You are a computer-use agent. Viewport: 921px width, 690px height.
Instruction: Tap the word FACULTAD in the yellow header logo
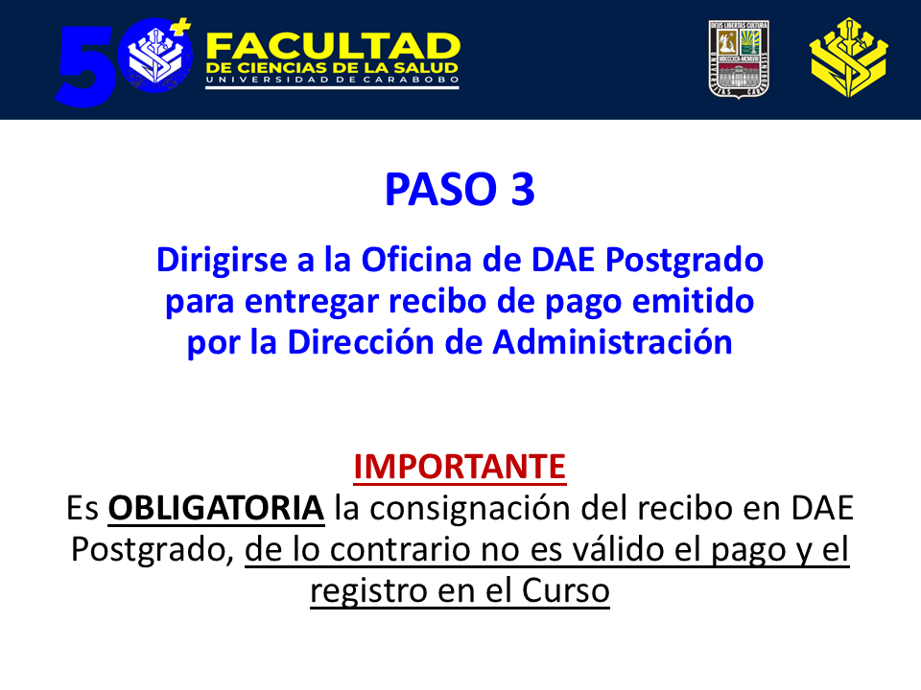coord(333,46)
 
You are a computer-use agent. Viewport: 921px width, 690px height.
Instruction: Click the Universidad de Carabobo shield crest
coord(739,58)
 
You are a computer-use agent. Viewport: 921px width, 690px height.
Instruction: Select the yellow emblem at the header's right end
coord(848,57)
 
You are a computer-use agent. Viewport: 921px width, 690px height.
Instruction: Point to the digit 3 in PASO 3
coord(523,189)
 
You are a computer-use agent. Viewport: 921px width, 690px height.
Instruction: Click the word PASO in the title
coord(440,189)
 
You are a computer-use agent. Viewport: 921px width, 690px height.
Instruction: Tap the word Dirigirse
coord(222,261)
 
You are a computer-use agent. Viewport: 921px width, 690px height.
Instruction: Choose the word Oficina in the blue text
coord(416,260)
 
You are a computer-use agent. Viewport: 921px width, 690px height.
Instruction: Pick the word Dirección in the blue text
coord(361,342)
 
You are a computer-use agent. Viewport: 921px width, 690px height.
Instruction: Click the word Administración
coord(613,342)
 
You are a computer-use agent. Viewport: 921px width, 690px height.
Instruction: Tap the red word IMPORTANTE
coord(460,467)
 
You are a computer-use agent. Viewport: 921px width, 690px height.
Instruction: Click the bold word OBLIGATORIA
coord(216,508)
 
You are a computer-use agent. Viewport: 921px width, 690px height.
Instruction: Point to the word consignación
coord(470,508)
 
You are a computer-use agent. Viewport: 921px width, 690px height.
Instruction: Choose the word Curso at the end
coord(566,591)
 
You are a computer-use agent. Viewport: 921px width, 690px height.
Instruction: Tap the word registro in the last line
coord(368,592)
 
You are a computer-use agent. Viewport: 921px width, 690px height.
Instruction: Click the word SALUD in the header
coord(425,69)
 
